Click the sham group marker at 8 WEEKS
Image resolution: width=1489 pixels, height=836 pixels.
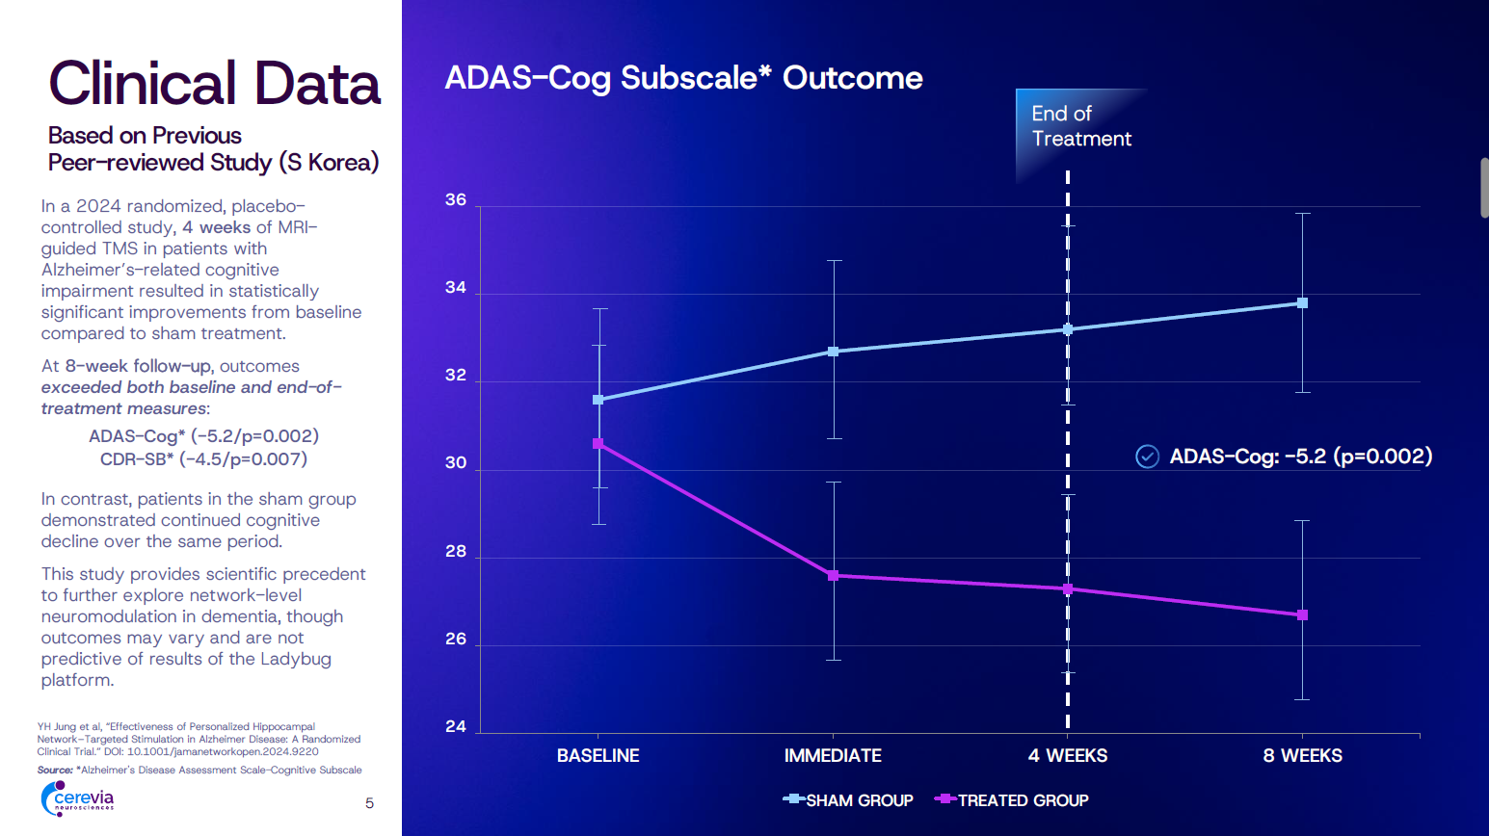(x=1302, y=303)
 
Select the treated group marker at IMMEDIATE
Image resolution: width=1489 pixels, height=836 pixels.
(x=834, y=576)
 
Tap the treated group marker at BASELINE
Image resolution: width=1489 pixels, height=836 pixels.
(x=598, y=444)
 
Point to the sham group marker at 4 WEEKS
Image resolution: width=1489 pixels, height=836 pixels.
(x=1068, y=329)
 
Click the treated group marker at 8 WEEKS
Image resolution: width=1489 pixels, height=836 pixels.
(x=1302, y=614)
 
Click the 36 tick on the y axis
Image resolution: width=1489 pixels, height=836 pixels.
(x=456, y=200)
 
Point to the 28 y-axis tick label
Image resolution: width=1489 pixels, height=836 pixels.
(x=456, y=552)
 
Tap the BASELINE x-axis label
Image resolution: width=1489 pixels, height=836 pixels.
(x=598, y=756)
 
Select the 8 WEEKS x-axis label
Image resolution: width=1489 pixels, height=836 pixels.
(x=1302, y=756)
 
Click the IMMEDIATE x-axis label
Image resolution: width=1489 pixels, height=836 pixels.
(x=833, y=756)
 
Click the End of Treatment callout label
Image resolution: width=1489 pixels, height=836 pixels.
(x=1080, y=126)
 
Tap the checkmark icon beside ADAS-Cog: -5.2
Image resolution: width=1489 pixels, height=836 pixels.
(x=1147, y=457)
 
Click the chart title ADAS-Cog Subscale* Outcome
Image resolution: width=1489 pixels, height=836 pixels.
(x=683, y=78)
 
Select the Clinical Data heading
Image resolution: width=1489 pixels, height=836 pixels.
(x=214, y=84)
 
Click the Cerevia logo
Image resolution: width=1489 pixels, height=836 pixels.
(x=78, y=798)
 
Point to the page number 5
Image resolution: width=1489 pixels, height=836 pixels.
(x=369, y=803)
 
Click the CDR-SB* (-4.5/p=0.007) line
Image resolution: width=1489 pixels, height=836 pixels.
(x=203, y=459)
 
